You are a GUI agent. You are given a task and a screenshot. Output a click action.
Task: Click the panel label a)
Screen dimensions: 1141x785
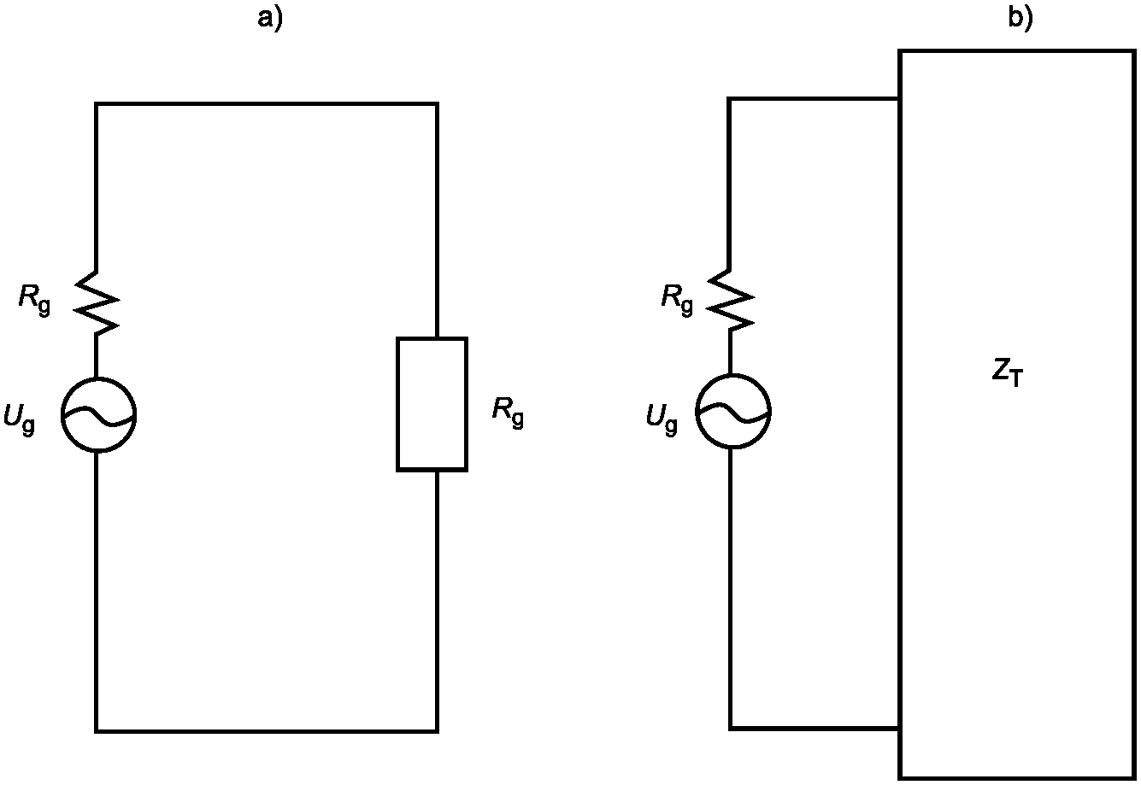pos(269,19)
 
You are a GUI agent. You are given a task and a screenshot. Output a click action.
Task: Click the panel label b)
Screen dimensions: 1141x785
pos(1020,19)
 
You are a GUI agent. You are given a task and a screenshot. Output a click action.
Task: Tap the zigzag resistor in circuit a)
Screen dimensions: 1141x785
pos(97,303)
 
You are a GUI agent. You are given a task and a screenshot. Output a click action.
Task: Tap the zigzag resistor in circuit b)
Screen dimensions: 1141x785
pos(731,300)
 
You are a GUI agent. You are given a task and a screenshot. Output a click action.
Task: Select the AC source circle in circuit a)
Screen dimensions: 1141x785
pos(99,415)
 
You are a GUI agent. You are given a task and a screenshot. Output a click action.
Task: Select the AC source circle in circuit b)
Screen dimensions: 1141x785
pos(733,412)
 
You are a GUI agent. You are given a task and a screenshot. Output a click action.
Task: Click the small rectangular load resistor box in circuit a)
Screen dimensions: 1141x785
pos(432,404)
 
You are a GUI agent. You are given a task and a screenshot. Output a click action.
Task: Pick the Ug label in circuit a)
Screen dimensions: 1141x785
pos(20,419)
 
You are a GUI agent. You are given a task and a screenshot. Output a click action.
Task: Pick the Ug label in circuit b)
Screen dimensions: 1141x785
pos(662,419)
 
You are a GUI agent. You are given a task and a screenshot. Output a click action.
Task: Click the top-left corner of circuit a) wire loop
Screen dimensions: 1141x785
pos(96,104)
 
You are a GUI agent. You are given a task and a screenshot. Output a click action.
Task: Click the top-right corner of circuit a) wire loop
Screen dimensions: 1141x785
pos(437,104)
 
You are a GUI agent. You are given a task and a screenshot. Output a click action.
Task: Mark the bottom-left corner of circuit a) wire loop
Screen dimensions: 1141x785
pos(96,732)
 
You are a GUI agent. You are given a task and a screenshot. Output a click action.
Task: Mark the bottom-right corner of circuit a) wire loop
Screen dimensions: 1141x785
pos(437,732)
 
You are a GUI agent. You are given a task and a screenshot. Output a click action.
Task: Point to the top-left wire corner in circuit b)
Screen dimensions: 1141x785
pos(730,99)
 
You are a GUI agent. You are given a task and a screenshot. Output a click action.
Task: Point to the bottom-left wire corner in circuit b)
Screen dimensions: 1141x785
pos(730,729)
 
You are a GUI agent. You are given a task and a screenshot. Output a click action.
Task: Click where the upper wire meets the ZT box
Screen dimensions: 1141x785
pos(899,99)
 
